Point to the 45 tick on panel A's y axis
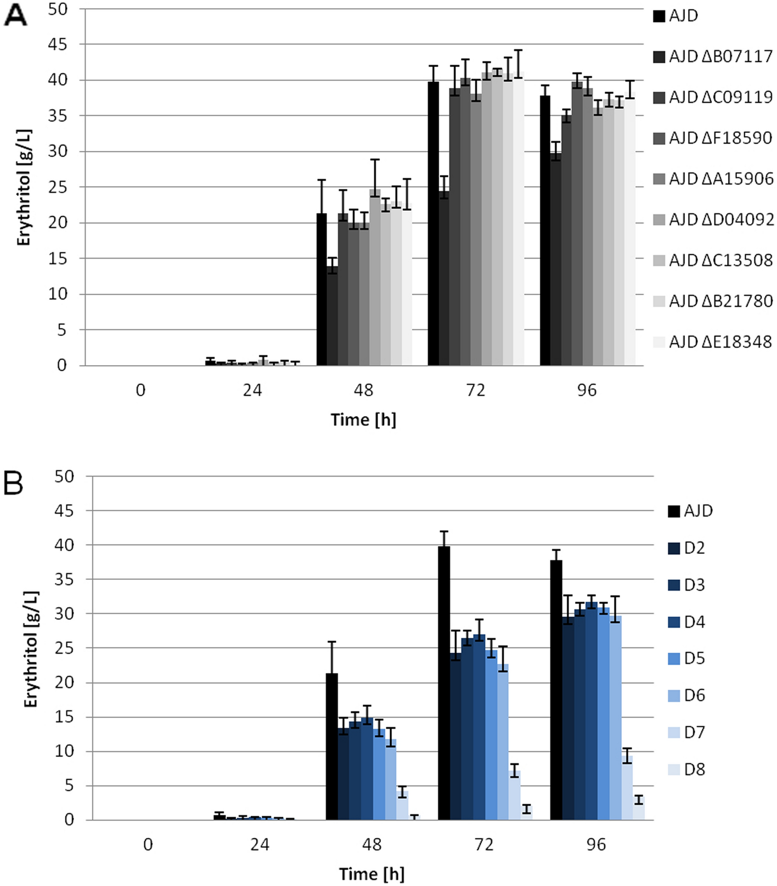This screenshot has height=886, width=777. pos(57,44)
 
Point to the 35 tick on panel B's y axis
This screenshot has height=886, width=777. pos(64,579)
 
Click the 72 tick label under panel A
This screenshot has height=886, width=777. pos(475,390)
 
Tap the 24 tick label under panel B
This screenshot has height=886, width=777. pos(260,844)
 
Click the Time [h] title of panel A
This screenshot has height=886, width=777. pos(363,420)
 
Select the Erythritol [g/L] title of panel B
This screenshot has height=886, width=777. pos(31,649)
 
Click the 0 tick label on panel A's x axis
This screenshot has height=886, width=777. pos(140,390)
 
